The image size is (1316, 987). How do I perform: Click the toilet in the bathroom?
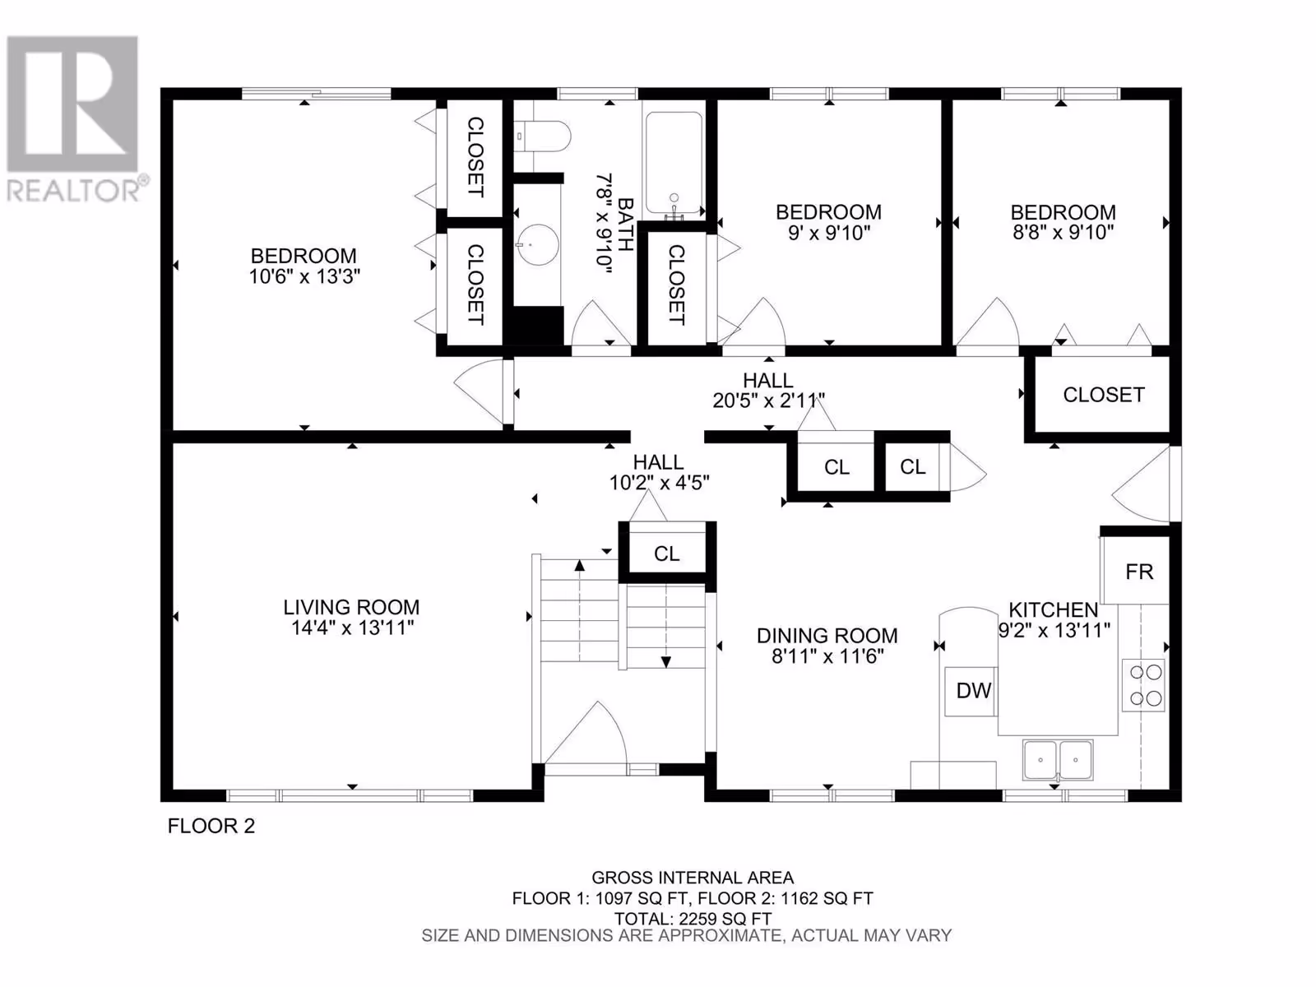[x=542, y=137]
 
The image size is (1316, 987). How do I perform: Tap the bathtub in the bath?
[x=674, y=162]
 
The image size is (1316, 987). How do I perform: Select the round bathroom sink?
[x=539, y=244]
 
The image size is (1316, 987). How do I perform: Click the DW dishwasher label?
[x=974, y=690]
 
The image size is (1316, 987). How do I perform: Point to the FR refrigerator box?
[x=1135, y=570]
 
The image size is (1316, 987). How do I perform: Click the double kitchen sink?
[x=1059, y=759]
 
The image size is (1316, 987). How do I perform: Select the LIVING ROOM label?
[x=351, y=607]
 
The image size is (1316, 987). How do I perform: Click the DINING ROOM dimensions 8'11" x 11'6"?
[x=827, y=657]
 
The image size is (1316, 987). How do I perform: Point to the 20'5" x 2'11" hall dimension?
[x=768, y=401]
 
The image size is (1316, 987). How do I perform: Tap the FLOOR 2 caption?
[x=211, y=826]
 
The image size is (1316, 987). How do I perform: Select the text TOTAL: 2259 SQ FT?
[x=693, y=919]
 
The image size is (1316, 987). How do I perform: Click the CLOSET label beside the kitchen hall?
[x=1104, y=395]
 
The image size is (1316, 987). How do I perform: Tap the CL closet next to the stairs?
[x=667, y=554]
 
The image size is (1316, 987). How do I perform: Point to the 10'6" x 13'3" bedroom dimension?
[x=304, y=277]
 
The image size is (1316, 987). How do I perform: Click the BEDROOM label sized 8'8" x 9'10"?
[x=1063, y=212]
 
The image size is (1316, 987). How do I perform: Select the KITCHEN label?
[x=1054, y=609]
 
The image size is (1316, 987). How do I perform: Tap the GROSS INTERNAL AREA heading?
[x=693, y=878]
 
